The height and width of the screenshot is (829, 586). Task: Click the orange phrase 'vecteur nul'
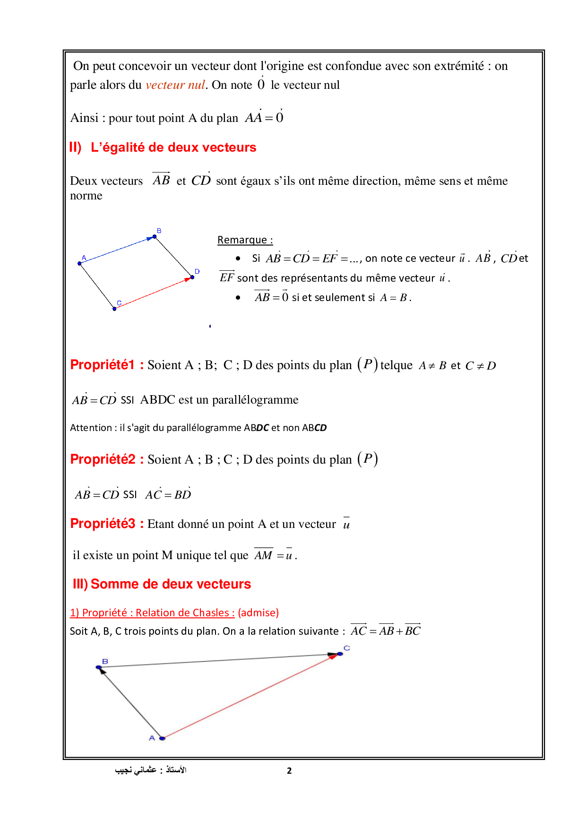(175, 85)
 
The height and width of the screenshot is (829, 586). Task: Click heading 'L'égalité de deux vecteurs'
(173, 147)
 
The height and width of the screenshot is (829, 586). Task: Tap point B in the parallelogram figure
(155, 236)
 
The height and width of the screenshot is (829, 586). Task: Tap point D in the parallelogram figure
(192, 277)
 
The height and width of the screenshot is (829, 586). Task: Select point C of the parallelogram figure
(114, 309)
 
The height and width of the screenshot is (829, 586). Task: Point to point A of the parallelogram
(79, 263)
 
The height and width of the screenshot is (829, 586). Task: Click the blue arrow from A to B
(117, 250)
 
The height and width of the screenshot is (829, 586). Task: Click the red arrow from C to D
(154, 293)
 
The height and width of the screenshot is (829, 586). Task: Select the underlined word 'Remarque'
(242, 240)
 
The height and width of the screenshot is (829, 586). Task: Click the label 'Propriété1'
(102, 365)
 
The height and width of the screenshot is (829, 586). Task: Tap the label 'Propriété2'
(103, 459)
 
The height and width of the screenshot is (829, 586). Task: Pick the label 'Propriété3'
(103, 524)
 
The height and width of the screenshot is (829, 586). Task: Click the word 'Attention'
(91, 428)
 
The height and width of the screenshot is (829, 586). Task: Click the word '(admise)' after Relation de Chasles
(258, 613)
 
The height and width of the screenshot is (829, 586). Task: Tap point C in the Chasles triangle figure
(340, 654)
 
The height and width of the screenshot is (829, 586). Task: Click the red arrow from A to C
(250, 696)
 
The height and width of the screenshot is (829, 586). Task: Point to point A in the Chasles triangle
(162, 738)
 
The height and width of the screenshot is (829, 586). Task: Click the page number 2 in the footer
(289, 771)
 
